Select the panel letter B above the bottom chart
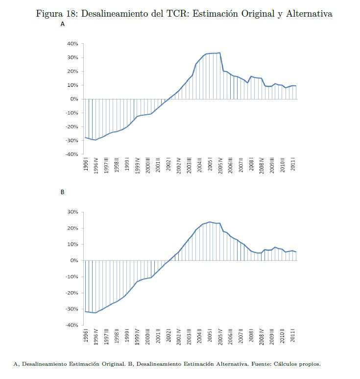pos(62,192)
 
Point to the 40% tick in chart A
pos(72,44)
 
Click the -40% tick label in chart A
pos(72,154)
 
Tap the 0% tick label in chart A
pos(74,99)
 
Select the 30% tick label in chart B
pos(72,212)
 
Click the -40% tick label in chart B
pos(72,325)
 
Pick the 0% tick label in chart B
pos(74,261)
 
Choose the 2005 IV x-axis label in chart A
pos(220,166)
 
